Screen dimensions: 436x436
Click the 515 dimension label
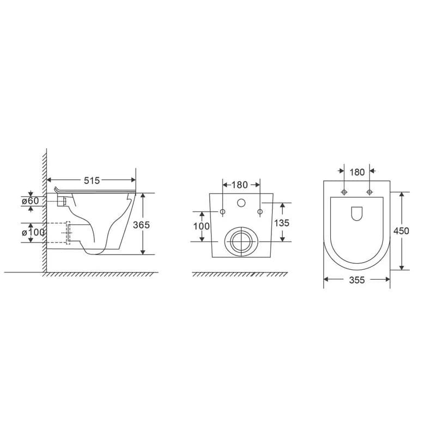(92, 181)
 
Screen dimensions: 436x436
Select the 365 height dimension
(141, 225)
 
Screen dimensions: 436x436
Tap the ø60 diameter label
(31, 201)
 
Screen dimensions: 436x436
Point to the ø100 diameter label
(33, 232)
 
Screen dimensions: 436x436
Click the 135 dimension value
(282, 223)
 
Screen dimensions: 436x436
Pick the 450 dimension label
(401, 231)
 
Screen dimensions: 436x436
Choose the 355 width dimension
(357, 280)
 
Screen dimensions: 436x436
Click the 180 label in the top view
(357, 172)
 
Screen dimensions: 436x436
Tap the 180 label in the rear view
(239, 185)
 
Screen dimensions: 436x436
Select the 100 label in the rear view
(202, 226)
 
